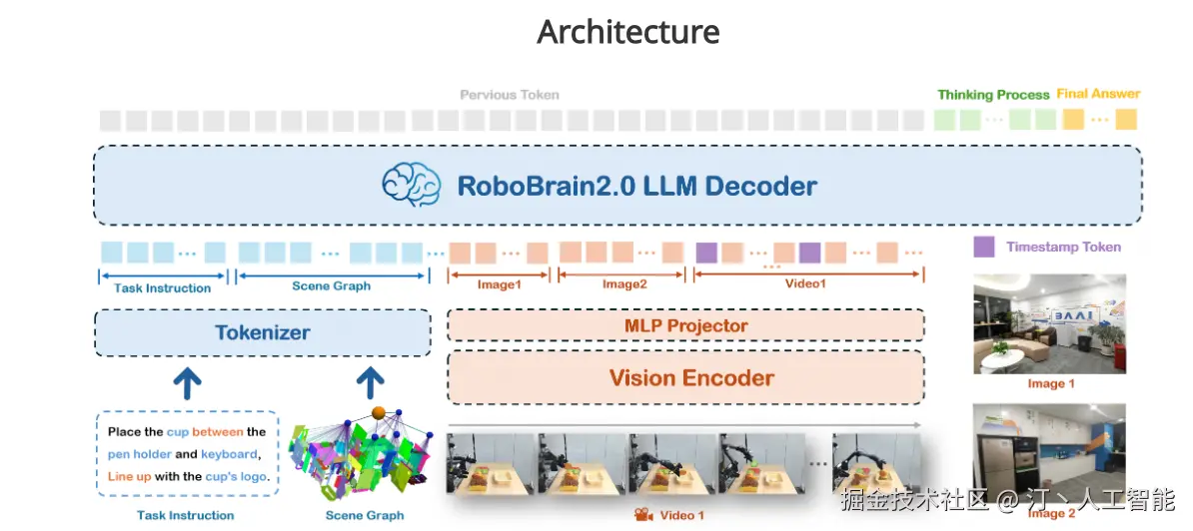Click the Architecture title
pos(627,32)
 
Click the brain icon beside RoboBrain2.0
pos(411,186)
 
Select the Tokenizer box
pos(262,332)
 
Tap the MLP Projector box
pos(685,325)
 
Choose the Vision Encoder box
pos(685,377)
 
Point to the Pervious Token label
pos(509,95)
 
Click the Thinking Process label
pos(993,95)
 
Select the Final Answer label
pos(1098,94)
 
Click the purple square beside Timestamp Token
pos(984,247)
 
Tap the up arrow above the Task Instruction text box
pos(187,380)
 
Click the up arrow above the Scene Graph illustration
pos(371,380)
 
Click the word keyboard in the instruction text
pos(229,454)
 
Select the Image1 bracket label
pos(499,284)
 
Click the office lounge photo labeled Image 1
pos(1049,324)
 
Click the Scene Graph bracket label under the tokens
pos(331,285)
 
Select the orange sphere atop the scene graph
pos(379,412)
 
